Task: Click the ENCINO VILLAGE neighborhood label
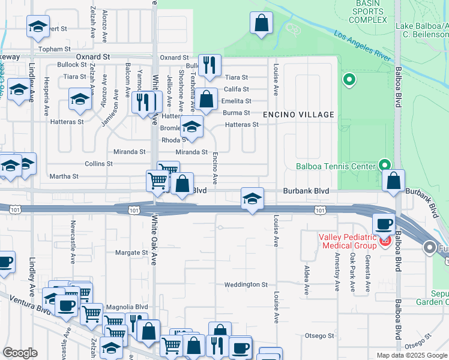coord(298,115)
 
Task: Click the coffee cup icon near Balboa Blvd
coord(384,225)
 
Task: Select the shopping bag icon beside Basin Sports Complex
coord(262,24)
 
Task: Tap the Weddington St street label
coord(246,284)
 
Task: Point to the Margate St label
coord(131,253)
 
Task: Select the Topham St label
coord(54,49)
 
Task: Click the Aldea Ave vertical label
coord(306,280)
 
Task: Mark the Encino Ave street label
coord(215,167)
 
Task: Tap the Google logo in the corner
coord(20,353)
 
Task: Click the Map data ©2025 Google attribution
coord(411,355)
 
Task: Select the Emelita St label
coord(237,101)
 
